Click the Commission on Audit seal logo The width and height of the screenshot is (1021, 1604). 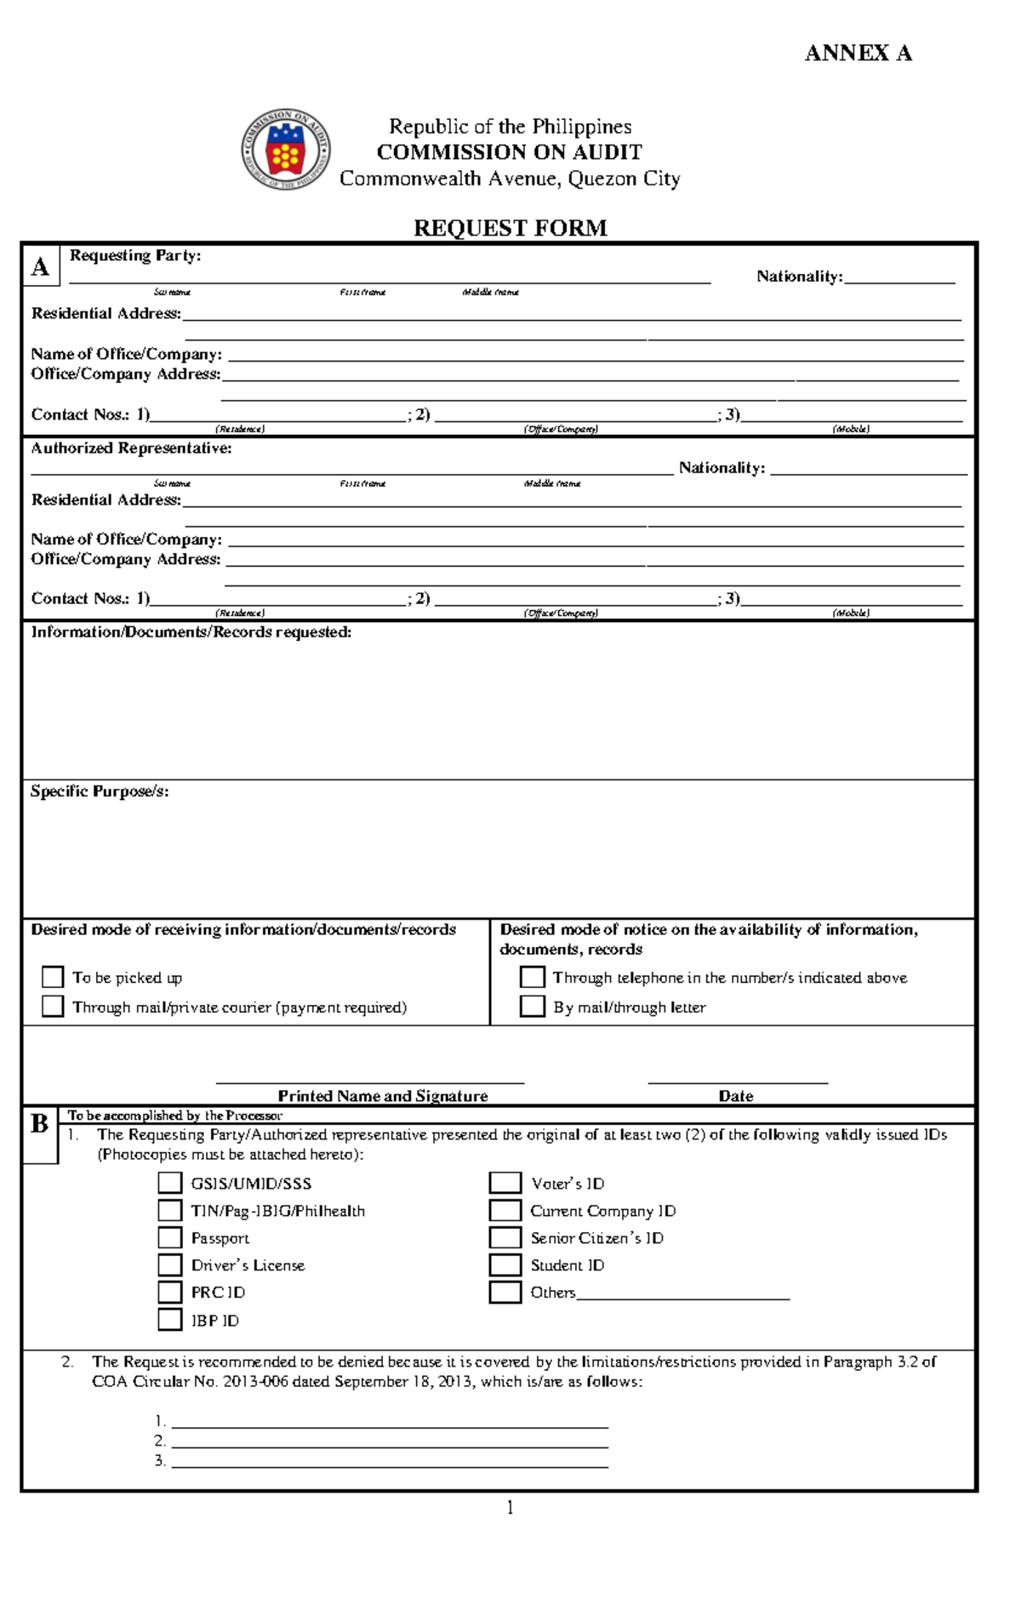[x=285, y=151]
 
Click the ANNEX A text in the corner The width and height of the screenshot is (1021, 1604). [x=858, y=54]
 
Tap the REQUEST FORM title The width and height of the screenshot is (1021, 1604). [x=510, y=228]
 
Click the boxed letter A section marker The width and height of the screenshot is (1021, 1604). [x=40, y=267]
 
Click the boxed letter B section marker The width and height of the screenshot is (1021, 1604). [x=39, y=1124]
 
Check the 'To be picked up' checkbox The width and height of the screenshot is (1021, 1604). [x=53, y=976]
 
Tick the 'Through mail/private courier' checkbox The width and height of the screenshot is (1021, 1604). [x=53, y=1006]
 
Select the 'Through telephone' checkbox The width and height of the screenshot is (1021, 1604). [x=532, y=976]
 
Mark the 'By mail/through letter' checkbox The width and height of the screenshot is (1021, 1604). [x=532, y=1006]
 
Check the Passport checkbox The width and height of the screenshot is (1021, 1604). [x=170, y=1237]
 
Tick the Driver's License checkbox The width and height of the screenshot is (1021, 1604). [x=170, y=1264]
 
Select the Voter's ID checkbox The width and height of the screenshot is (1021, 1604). [x=505, y=1183]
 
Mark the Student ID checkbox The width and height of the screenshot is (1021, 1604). [x=505, y=1264]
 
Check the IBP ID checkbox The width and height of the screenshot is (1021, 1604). [x=170, y=1320]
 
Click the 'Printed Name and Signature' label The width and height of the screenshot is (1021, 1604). [x=383, y=1096]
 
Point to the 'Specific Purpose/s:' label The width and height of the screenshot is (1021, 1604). [x=100, y=791]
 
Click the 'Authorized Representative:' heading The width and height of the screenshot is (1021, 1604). [x=131, y=448]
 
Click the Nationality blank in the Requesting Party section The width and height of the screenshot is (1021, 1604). [x=899, y=277]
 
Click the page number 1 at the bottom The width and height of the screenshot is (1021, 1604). [x=510, y=1508]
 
